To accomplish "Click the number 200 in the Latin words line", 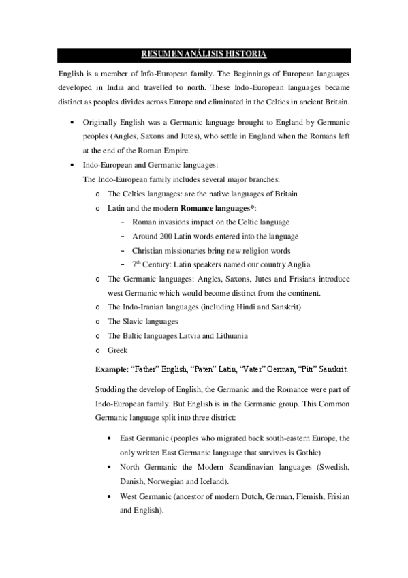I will coord(172,236).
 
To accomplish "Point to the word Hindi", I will coord(244,307).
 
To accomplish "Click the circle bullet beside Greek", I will coord(99,350).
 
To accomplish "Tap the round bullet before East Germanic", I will coord(110,438).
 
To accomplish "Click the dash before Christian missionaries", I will coord(122,250).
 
